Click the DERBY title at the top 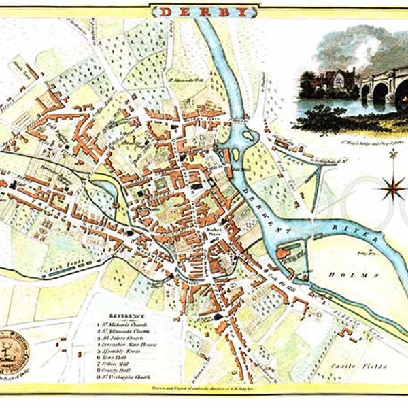[x=204, y=12]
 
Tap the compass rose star [x=392, y=188]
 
